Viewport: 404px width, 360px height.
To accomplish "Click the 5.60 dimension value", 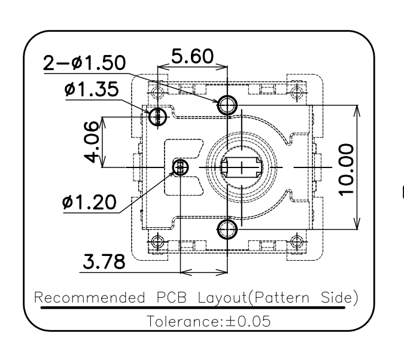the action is (x=192, y=56).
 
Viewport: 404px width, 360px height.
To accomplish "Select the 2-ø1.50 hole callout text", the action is (x=84, y=63).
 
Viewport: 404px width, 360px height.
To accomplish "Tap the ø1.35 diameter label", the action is (x=92, y=89).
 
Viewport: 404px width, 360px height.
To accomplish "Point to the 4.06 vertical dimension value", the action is (x=92, y=142).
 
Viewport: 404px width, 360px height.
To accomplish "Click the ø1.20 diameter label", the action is (x=89, y=202).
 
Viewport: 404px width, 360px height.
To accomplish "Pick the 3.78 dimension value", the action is (x=104, y=261).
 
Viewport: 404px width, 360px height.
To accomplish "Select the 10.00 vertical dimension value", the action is (x=346, y=170).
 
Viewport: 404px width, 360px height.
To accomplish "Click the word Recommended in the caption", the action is (x=89, y=297).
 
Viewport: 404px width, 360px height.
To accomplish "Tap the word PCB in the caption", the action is (x=171, y=297).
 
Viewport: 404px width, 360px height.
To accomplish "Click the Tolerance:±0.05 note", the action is (x=209, y=321).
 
